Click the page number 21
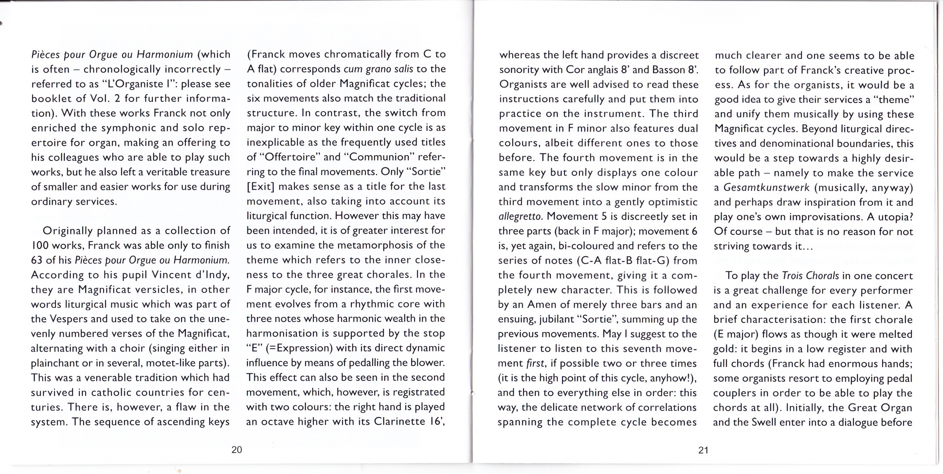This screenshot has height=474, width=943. tap(703, 450)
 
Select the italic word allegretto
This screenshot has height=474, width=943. tap(520, 217)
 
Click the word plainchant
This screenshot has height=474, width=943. tap(57, 363)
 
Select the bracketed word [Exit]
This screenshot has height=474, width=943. tap(260, 186)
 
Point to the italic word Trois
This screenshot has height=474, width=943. tap(792, 275)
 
